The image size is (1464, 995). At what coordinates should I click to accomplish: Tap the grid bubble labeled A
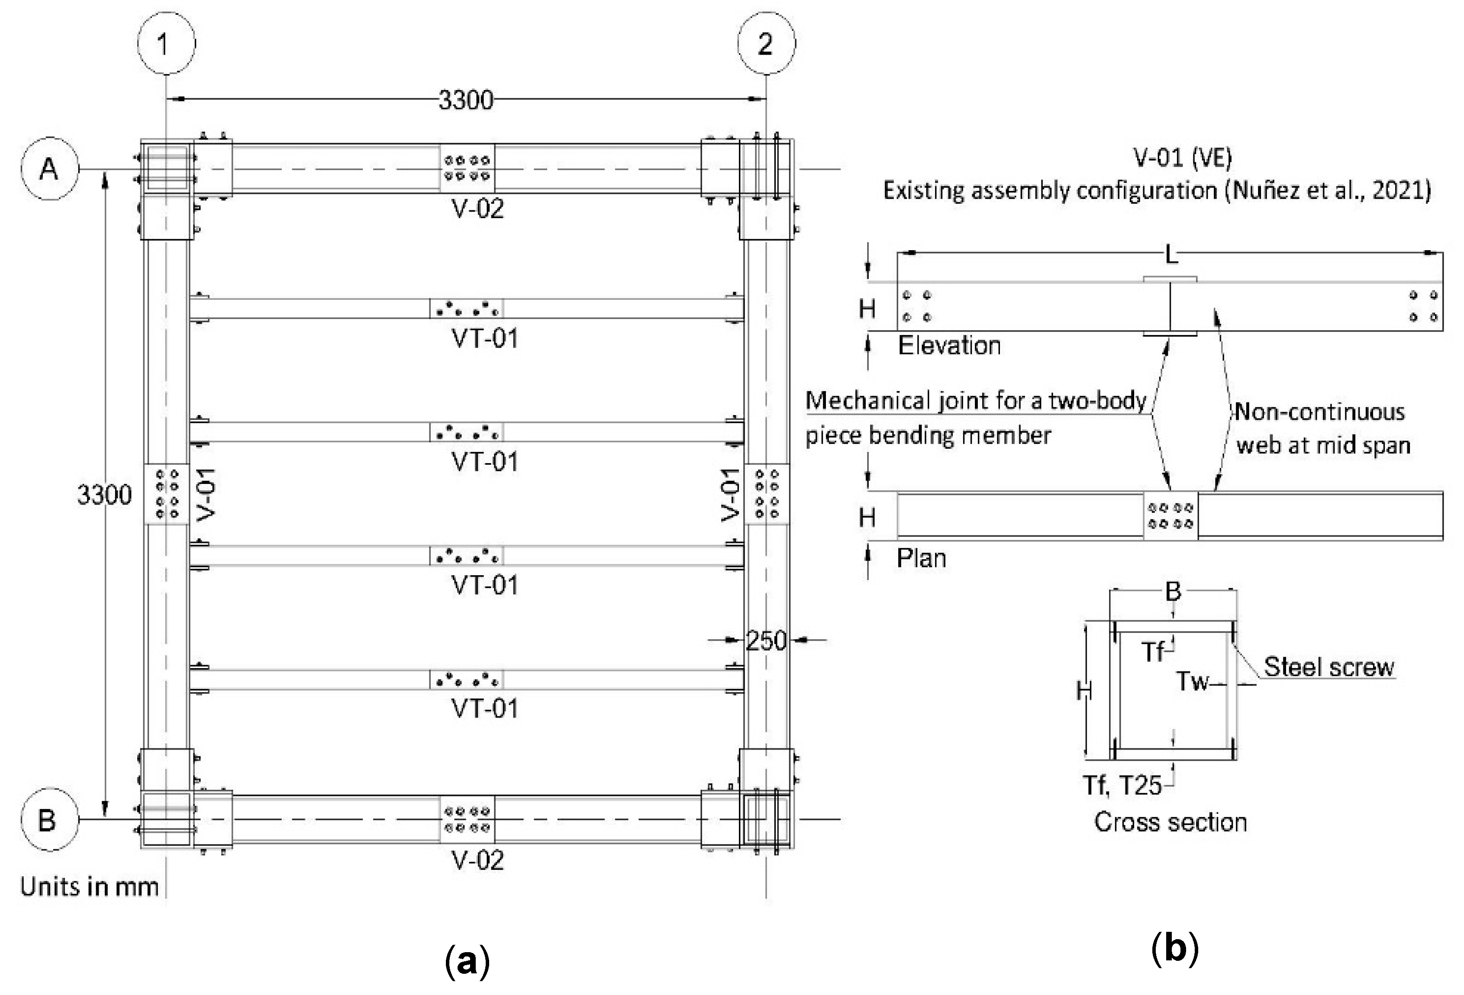pyautogui.click(x=49, y=169)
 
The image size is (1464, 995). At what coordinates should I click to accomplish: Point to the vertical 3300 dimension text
pyautogui.click(x=105, y=496)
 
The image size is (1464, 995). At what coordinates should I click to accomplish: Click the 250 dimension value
pyautogui.click(x=766, y=641)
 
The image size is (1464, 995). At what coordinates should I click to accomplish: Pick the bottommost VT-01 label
pyautogui.click(x=484, y=709)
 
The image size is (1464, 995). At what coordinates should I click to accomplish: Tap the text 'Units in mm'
pyautogui.click(x=90, y=887)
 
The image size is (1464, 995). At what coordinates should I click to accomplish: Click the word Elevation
pyautogui.click(x=949, y=346)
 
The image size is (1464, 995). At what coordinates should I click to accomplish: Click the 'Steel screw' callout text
pyautogui.click(x=1329, y=667)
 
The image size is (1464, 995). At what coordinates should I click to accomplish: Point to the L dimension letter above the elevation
pyautogui.click(x=1171, y=255)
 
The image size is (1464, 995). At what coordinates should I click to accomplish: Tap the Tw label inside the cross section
pyautogui.click(x=1193, y=682)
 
